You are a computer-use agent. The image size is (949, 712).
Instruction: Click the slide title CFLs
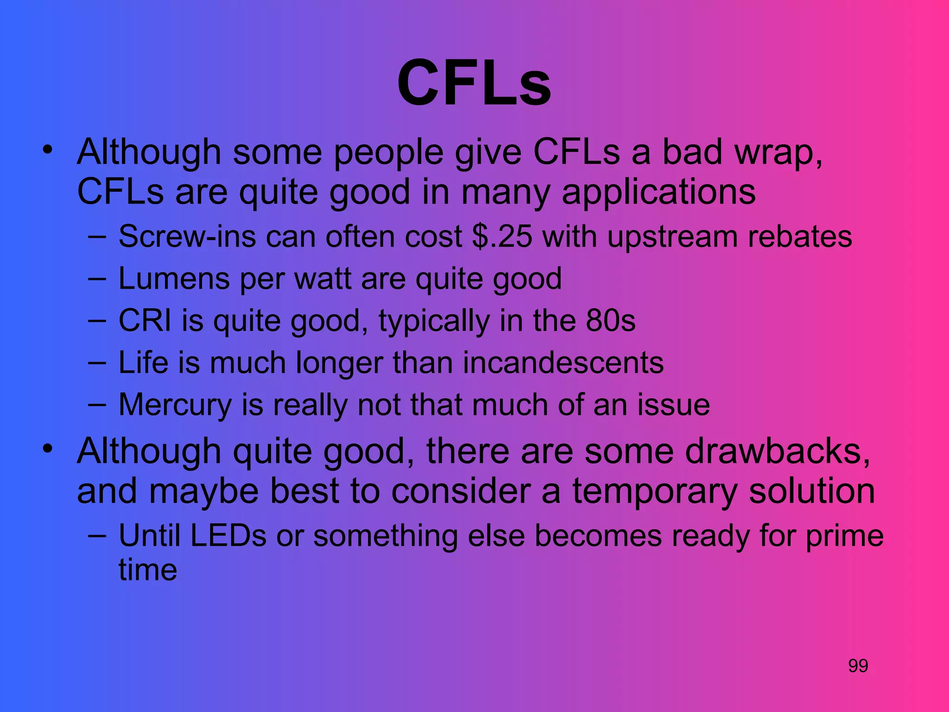pos(474,83)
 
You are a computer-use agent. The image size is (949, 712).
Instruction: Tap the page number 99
pos(858,666)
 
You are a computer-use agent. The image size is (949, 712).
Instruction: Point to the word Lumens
pos(174,279)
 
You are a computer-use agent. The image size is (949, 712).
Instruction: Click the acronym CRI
pos(145,320)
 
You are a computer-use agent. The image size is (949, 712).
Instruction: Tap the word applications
pos(658,192)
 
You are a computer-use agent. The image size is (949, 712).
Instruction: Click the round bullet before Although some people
pos(47,150)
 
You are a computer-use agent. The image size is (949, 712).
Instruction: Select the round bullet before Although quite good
pos(47,449)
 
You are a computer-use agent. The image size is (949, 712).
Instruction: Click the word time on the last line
pos(148,570)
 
